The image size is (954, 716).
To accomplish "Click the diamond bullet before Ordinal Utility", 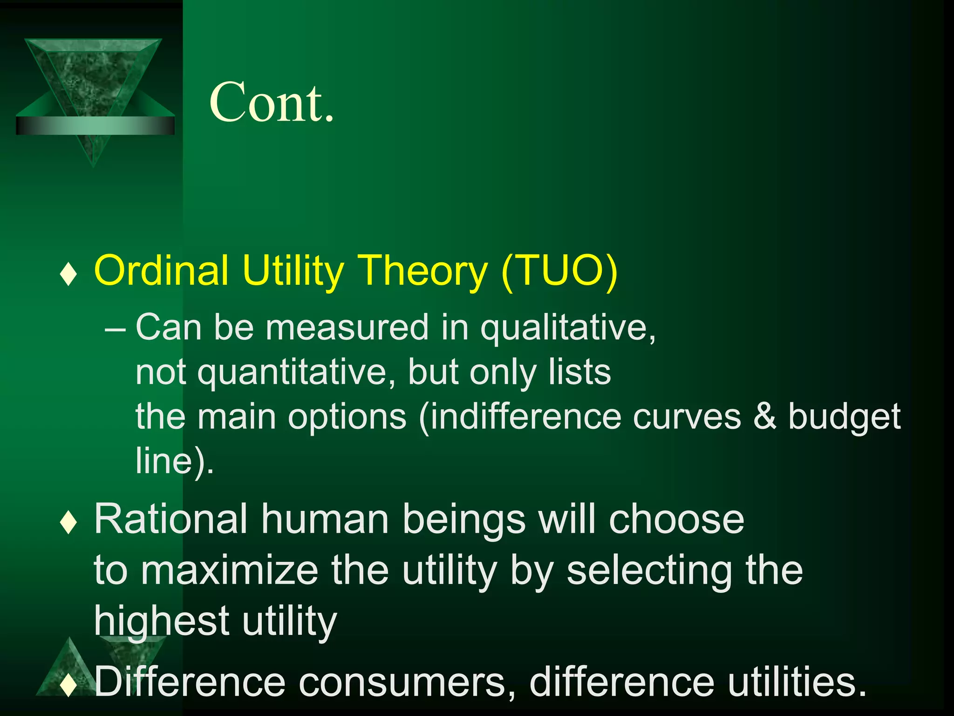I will [68, 274].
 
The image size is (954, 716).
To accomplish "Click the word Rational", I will [170, 519].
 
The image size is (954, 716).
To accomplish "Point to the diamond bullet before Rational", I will [68, 523].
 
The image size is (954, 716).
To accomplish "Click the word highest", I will [161, 622].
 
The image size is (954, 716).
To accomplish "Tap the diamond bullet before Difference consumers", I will [68, 686].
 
